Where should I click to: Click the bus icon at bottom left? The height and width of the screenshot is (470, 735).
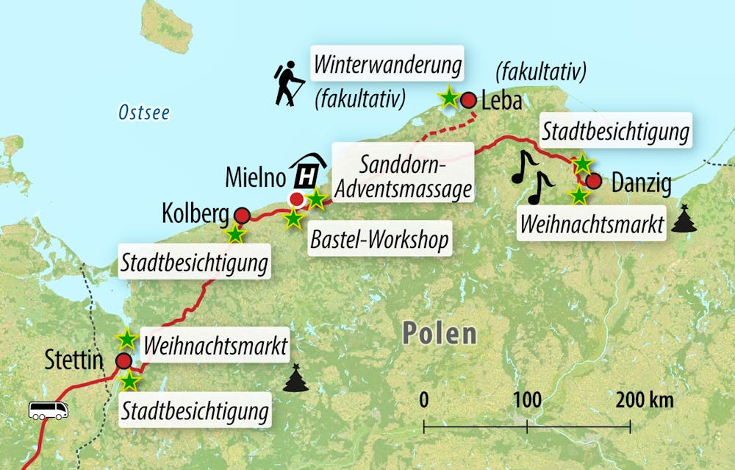pyautogui.click(x=48, y=410)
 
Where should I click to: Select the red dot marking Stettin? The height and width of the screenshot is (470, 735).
pyautogui.click(x=123, y=360)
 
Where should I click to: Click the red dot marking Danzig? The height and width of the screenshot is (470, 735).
pyautogui.click(x=594, y=181)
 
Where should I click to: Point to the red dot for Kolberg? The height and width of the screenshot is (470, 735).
pyautogui.click(x=241, y=215)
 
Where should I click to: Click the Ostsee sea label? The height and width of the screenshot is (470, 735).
pyautogui.click(x=144, y=113)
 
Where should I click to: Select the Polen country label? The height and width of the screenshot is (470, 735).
pyautogui.click(x=439, y=333)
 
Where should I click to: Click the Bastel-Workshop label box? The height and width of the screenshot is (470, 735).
pyautogui.click(x=379, y=240)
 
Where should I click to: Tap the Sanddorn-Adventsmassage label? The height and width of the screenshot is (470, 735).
pyautogui.click(x=401, y=176)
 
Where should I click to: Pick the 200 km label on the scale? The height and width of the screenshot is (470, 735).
pyautogui.click(x=645, y=401)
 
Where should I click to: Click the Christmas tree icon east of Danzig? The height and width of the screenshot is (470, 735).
pyautogui.click(x=684, y=218)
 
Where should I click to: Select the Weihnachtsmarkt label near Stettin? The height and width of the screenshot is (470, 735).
pyautogui.click(x=214, y=346)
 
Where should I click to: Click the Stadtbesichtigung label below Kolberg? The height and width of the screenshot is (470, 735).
pyautogui.click(x=194, y=262)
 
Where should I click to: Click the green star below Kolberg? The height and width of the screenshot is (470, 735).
pyautogui.click(x=234, y=235)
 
